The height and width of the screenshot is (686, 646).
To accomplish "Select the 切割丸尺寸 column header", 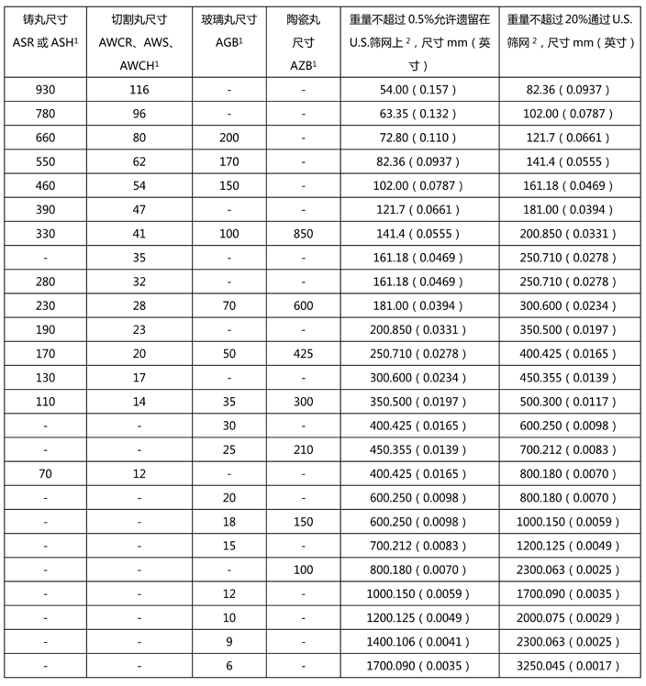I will tap(139, 42).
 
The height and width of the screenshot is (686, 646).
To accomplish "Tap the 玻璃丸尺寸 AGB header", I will tap(229, 30).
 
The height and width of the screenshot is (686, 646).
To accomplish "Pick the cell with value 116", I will tap(139, 89).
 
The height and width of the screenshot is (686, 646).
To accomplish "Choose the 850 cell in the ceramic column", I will tap(303, 233).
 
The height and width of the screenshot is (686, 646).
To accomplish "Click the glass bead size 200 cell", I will tap(229, 138).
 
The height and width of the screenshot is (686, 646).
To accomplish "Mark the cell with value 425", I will tap(303, 353).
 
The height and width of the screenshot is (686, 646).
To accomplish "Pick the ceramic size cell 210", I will tap(303, 449).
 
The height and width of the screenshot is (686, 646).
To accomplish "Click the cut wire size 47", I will tap(139, 209).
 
